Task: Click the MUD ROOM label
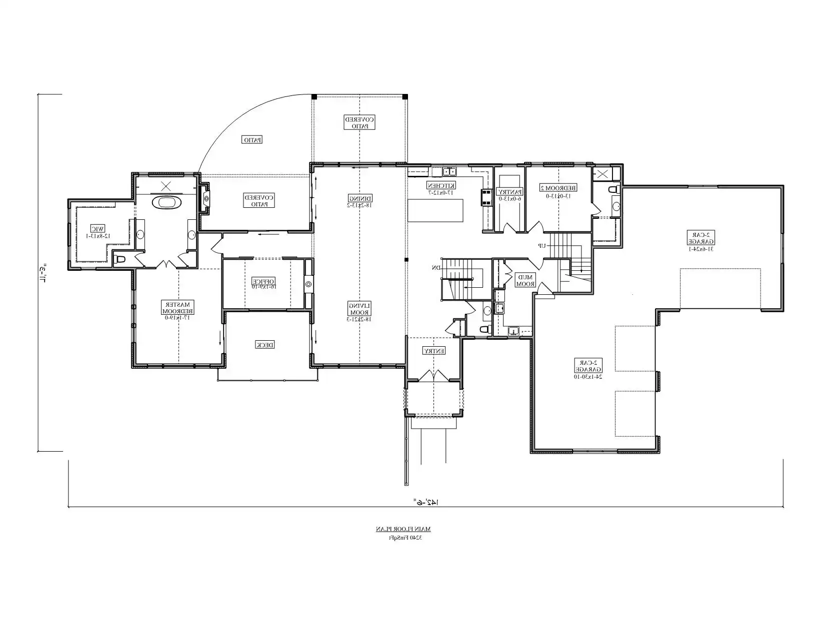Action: pyautogui.click(x=525, y=280)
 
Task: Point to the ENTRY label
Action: pyautogui.click(x=434, y=351)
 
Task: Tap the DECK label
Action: pyautogui.click(x=265, y=345)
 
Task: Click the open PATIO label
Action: pyautogui.click(x=252, y=140)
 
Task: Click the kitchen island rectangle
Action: pyautogui.click(x=435, y=210)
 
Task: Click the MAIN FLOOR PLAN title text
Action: pyautogui.click(x=403, y=529)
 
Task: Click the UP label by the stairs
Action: pyautogui.click(x=541, y=245)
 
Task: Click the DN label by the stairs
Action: pyautogui.click(x=436, y=268)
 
